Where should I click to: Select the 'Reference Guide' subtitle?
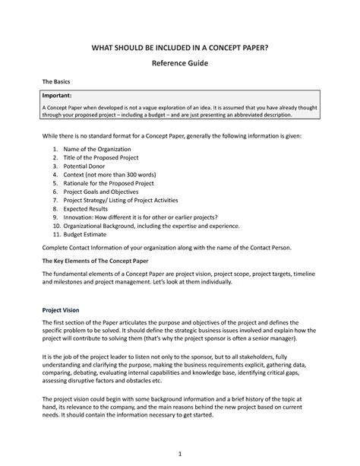180,67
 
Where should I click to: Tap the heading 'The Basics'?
55,88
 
